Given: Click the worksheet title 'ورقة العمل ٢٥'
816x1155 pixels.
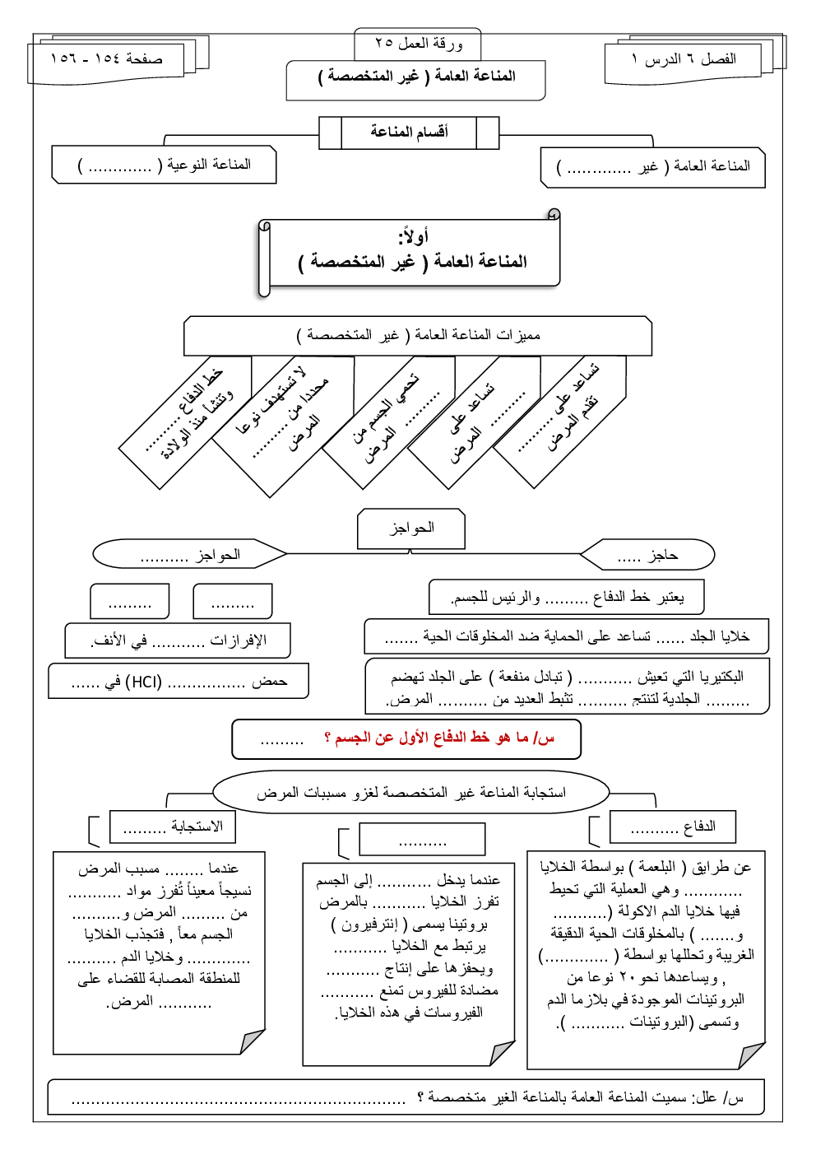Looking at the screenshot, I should (x=418, y=44).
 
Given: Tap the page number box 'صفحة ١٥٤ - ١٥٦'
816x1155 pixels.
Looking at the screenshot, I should (x=107, y=59).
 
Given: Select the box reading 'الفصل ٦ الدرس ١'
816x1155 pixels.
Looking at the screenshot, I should (x=684, y=60).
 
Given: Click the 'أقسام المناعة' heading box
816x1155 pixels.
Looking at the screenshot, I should (x=409, y=132).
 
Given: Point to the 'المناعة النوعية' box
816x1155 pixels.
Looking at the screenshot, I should (x=165, y=165).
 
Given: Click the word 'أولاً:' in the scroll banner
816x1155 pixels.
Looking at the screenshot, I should (x=413, y=237).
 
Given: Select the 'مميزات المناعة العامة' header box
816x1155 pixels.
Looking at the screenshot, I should (x=418, y=336).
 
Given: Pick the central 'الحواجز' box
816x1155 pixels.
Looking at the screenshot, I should (x=411, y=528).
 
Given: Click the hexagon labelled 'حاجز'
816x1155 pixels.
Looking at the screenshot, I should (x=647, y=556).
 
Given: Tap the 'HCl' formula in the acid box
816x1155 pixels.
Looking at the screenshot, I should (x=146, y=682).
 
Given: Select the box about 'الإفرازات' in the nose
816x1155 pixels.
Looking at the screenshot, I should (x=178, y=640).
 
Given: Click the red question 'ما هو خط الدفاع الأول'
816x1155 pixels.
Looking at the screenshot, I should (x=439, y=738).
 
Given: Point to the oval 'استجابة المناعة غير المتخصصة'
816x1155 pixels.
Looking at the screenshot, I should (x=410, y=793).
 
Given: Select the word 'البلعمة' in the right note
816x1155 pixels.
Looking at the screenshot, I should (x=657, y=867).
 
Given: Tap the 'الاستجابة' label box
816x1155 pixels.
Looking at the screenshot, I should (x=173, y=827).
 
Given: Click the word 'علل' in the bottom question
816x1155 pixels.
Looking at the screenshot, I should (x=705, y=1097).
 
